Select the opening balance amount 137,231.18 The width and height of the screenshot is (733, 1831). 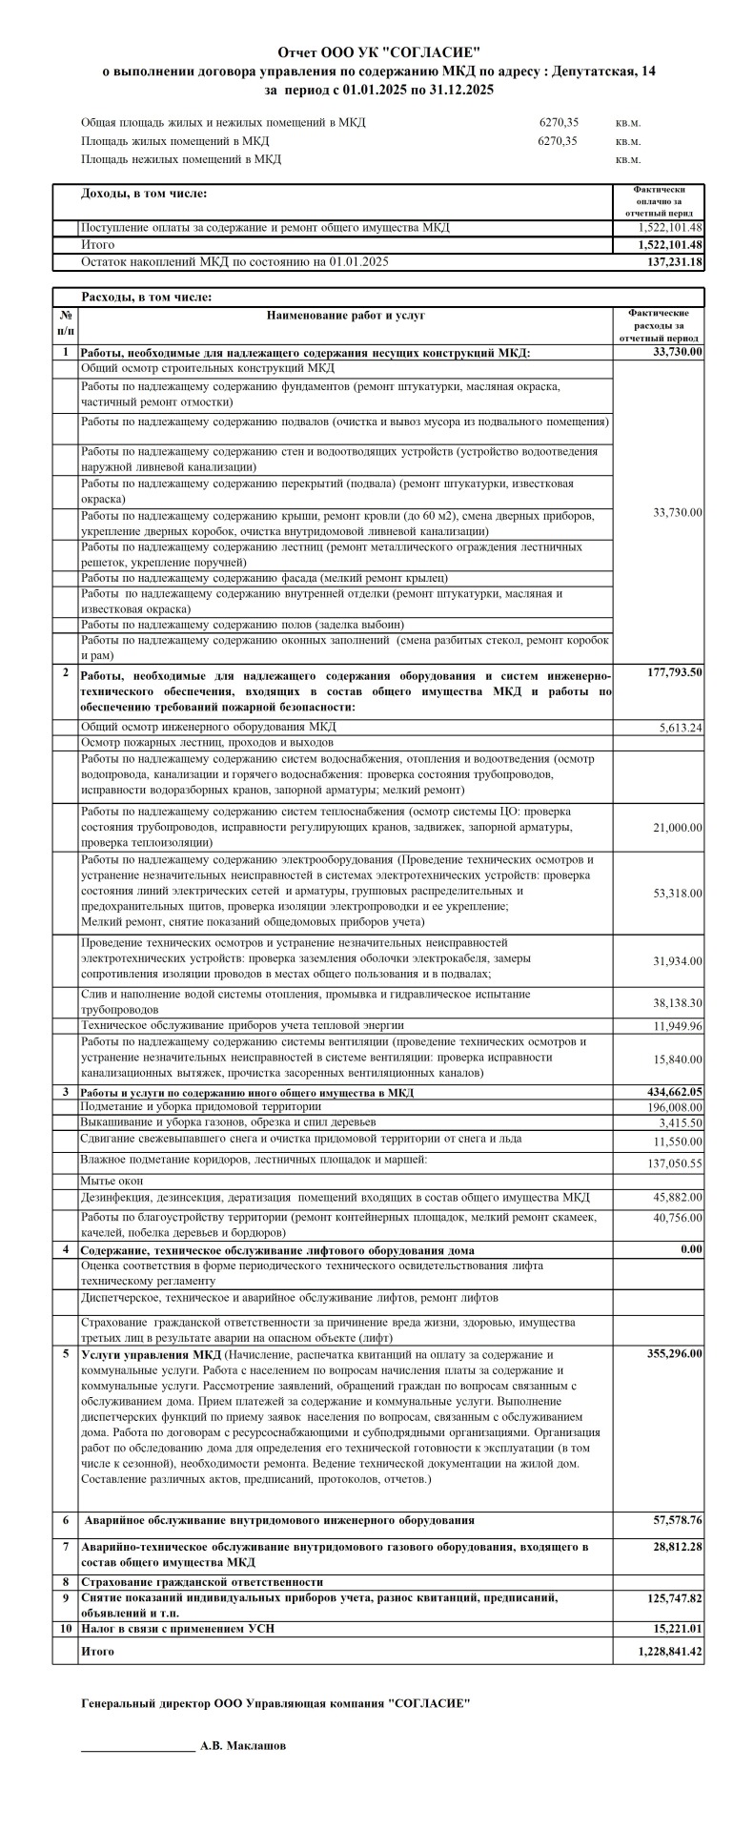click(674, 261)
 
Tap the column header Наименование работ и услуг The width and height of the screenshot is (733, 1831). click(346, 314)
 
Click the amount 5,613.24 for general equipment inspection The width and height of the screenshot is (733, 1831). click(680, 728)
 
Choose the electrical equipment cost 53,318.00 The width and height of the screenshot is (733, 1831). click(677, 894)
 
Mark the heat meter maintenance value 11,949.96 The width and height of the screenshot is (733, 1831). click(678, 1026)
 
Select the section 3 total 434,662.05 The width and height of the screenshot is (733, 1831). click(671, 1092)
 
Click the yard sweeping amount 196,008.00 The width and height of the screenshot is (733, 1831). click(671, 1107)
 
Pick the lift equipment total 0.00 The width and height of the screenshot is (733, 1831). click(691, 1249)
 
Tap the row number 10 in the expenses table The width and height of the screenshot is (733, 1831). click(65, 1628)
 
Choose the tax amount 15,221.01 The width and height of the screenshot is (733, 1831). click(678, 1628)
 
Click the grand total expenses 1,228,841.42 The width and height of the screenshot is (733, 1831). click(671, 1651)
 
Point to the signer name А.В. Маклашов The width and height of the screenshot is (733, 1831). click(242, 1746)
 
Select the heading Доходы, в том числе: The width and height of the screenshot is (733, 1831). click(144, 194)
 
